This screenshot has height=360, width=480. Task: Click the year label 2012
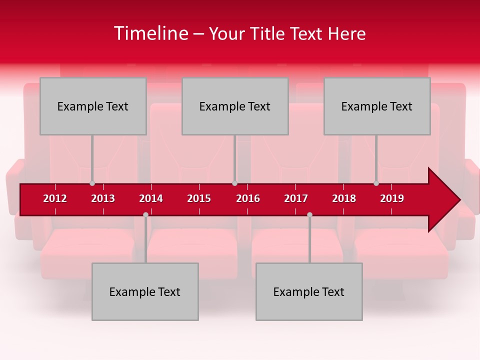point(55,198)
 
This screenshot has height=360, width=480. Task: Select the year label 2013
point(103,198)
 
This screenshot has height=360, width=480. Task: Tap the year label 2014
point(151,198)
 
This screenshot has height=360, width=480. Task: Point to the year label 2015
point(199,198)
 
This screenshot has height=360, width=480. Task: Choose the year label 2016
point(248,198)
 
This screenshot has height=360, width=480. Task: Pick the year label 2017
point(296,198)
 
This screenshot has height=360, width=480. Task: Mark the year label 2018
point(344,198)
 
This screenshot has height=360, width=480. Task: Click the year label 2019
point(392,198)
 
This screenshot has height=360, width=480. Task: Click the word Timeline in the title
point(149,33)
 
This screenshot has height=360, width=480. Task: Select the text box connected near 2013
point(93,106)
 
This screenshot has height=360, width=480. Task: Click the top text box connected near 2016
point(235,106)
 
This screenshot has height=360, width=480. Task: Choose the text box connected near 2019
point(377,106)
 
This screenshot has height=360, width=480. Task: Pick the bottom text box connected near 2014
point(145,291)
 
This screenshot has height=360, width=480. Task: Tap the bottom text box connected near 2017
point(309,291)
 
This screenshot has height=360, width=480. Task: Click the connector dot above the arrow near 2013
point(92,183)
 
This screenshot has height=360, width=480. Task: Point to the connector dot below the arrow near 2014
point(145,214)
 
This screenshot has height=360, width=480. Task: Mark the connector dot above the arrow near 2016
point(234,183)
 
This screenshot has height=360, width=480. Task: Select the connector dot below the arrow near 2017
point(309,214)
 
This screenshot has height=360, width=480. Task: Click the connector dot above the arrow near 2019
point(376,183)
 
